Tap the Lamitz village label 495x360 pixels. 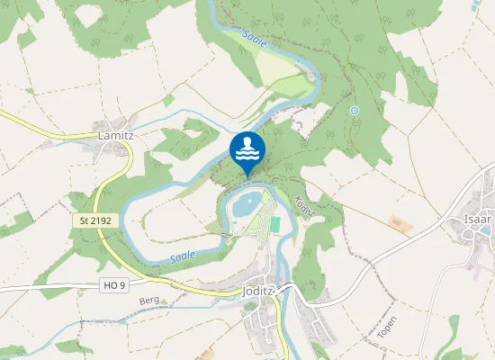(x=114, y=136)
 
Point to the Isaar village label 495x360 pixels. (x=476, y=218)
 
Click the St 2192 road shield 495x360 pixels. (x=94, y=220)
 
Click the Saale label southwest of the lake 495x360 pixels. (x=183, y=258)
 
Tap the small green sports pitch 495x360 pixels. (x=276, y=222)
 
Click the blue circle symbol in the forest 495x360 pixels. (x=355, y=111)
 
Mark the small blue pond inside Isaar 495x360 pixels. (x=485, y=230)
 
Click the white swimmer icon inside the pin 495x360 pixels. (x=247, y=148)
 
